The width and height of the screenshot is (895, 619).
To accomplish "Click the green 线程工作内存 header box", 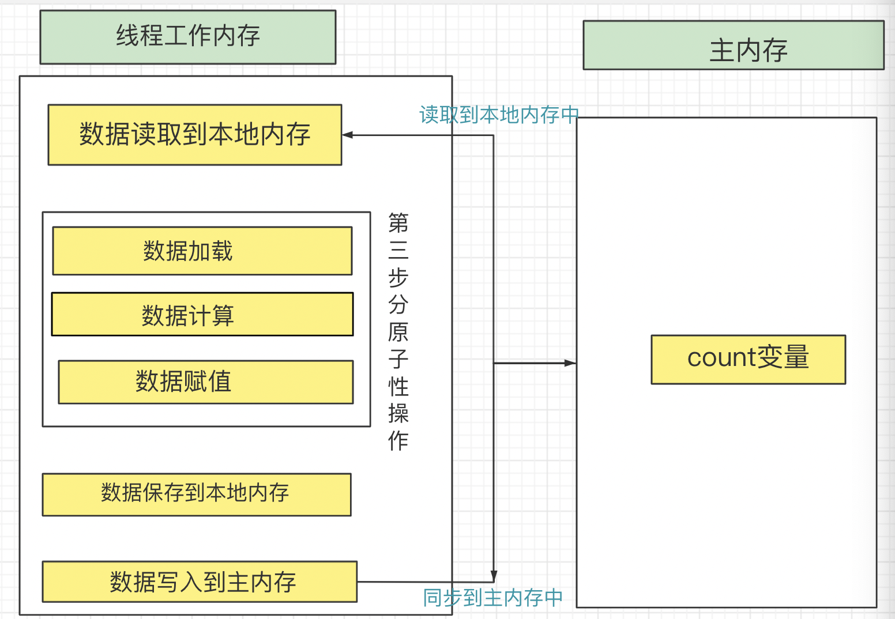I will point(188,37).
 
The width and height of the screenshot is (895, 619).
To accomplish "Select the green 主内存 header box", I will point(734,46).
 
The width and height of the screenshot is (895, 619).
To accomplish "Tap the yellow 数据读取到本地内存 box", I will point(195,135).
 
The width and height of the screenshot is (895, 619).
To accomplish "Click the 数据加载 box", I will point(202,251).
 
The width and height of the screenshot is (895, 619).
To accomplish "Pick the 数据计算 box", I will point(202,314).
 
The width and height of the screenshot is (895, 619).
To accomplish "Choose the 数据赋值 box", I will point(206,382).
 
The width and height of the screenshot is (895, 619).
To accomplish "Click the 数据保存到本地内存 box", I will point(197,494).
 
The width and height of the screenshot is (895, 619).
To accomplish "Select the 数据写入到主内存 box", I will point(200,582).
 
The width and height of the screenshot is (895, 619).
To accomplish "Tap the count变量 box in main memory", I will point(748,359).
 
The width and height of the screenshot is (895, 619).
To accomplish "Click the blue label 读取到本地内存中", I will point(499,115).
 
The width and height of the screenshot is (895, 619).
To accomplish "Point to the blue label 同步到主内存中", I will point(493,598).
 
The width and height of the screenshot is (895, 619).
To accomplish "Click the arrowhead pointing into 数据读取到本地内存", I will point(347,135).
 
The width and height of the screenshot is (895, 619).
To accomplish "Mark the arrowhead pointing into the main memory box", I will point(570,363).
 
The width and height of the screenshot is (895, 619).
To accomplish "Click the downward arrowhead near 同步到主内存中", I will point(494,576).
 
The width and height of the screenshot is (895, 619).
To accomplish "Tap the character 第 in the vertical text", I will point(398,222).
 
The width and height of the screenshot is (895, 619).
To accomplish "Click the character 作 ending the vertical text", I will point(398,440).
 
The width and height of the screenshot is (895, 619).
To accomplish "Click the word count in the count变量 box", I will point(721,358).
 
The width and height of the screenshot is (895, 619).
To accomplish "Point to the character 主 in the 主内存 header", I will point(721,51).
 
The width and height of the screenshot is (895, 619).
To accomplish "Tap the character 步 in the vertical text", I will point(398,277).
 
